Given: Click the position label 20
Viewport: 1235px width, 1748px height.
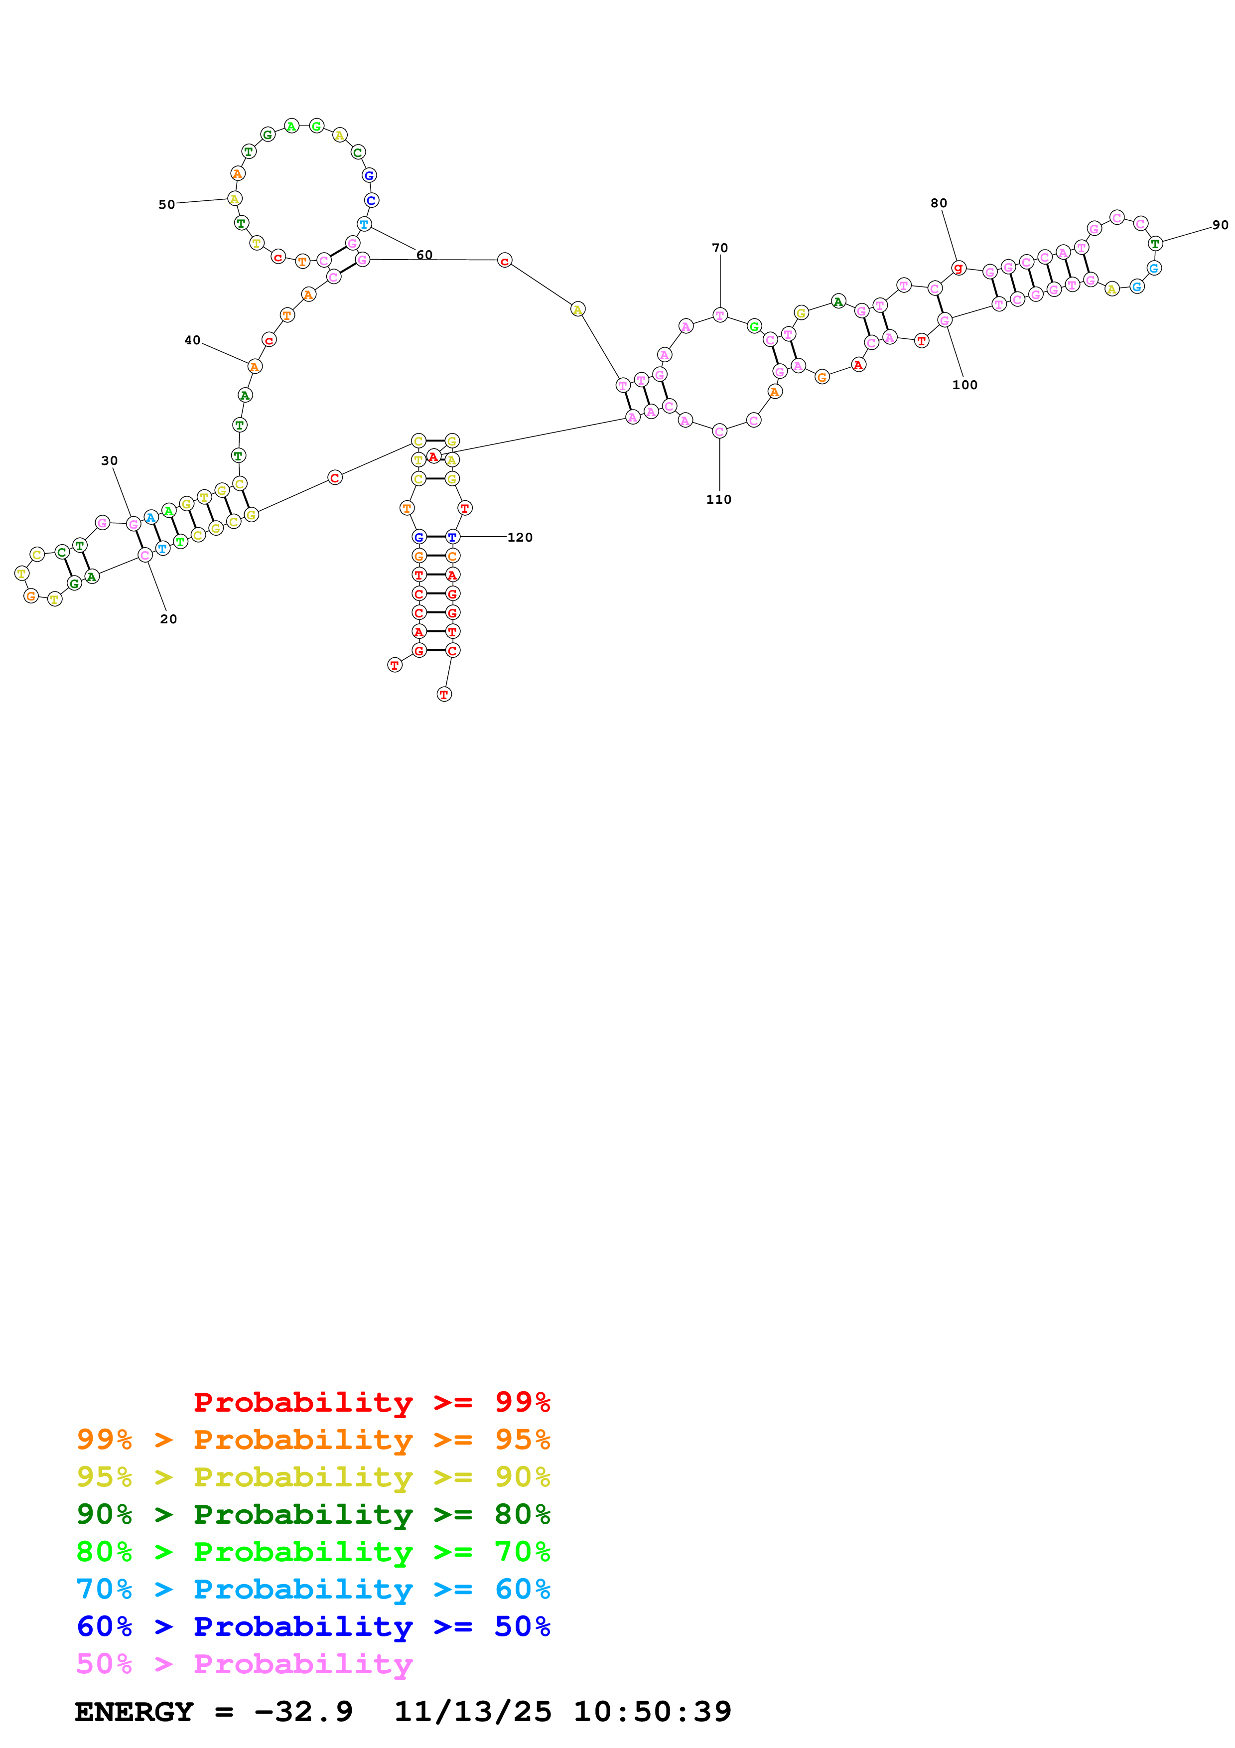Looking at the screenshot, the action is pos(168,619).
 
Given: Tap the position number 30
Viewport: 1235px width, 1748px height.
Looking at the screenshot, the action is pos(110,460).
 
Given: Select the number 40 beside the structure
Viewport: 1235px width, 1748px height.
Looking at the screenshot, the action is pos(192,340).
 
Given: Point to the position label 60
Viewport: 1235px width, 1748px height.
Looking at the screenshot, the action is pos(424,255).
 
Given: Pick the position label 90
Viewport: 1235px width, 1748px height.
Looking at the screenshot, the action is pos(1220,225).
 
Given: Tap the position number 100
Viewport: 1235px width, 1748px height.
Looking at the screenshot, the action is pos(964,385).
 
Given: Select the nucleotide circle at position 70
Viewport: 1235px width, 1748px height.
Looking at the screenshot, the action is pos(720,315).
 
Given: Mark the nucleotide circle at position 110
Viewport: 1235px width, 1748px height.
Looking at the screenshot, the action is pos(719,432).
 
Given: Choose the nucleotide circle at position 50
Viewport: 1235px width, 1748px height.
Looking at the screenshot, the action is pos(234,199).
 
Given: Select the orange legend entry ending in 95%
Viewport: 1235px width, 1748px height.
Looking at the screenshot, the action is pos(313,1440).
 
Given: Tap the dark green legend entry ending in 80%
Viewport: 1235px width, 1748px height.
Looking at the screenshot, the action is pos(313,1514).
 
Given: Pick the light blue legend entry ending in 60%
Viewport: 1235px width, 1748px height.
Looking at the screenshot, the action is pos(313,1589).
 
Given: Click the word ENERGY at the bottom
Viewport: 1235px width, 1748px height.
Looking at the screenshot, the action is pos(134,1712).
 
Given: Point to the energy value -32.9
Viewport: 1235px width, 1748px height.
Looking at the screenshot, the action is pos(303,1712).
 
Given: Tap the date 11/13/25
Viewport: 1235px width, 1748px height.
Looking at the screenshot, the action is pos(473,1712).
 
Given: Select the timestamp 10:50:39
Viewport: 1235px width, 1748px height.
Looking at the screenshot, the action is pos(652,1712).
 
